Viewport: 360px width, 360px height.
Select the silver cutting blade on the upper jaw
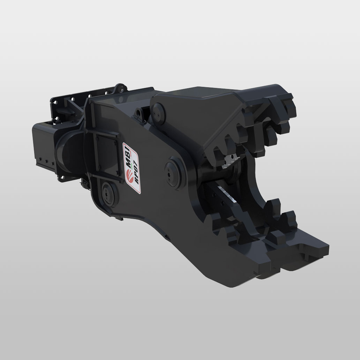pos(231,161)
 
